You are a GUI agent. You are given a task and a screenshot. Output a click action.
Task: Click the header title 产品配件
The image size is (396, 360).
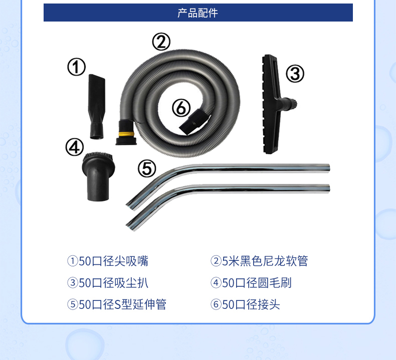pos(197,13)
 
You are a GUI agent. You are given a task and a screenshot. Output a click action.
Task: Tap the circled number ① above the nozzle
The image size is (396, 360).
pos(76,67)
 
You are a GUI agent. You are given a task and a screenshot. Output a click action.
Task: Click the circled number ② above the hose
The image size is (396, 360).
pos(161,42)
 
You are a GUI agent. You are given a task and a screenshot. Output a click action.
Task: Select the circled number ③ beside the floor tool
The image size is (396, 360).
pos(295,74)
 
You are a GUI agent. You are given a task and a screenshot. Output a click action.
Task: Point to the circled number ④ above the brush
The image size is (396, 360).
pos(75,147)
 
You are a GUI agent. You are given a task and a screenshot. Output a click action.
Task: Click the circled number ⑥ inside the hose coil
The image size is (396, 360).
pos(181,108)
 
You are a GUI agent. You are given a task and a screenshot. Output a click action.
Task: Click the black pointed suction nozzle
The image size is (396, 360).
pos(97,106)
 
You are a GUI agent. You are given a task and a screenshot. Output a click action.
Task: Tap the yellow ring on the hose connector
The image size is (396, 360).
pos(125,134)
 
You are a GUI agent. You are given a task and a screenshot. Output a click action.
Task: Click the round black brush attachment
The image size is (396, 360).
pos(98,176)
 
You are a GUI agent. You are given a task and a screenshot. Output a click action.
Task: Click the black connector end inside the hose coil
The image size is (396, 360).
pos(194,121)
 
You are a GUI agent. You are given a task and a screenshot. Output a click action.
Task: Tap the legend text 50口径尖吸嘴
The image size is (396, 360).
pos(113,261)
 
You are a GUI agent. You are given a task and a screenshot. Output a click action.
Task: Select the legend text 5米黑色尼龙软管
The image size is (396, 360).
pos(265,261)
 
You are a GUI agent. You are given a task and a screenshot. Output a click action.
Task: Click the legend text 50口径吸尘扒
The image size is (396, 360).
pos(113,283)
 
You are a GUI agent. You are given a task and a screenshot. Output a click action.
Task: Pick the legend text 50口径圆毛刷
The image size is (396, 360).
pos(257,283)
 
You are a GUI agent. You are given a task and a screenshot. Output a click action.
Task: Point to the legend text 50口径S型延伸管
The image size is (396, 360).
pos(122,304)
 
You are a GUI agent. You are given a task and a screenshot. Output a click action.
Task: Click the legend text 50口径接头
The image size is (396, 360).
pos(251,304)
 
